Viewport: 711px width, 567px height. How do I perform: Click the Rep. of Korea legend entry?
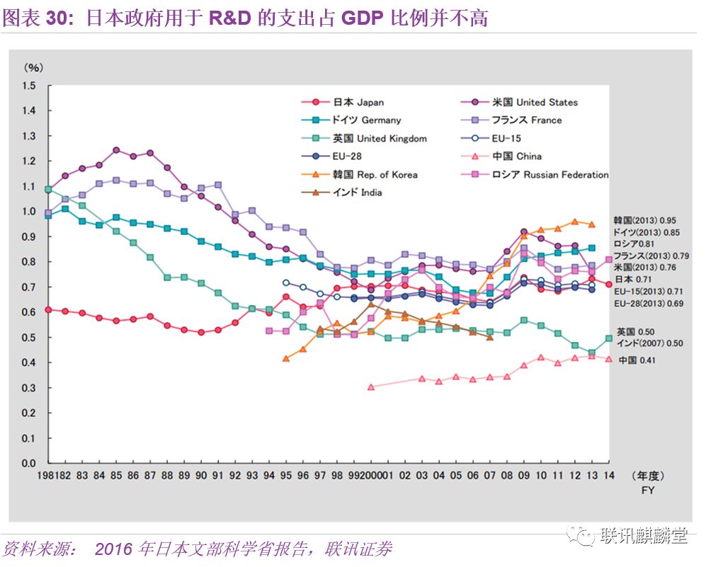(x=375, y=175)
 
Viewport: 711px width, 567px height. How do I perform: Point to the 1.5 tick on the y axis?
(x=28, y=86)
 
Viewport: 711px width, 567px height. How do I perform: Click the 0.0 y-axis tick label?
(x=28, y=463)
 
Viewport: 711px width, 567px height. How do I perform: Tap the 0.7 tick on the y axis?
(x=28, y=287)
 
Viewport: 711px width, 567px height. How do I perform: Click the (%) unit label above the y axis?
(x=33, y=68)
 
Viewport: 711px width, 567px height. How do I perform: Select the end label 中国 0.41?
(x=637, y=360)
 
